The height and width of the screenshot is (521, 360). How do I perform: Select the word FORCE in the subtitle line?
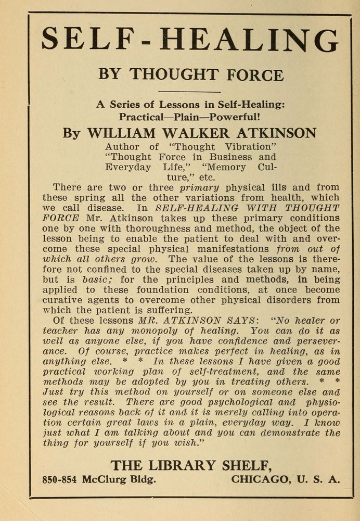(x=255, y=74)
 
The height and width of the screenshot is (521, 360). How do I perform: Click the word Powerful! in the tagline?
(x=235, y=117)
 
